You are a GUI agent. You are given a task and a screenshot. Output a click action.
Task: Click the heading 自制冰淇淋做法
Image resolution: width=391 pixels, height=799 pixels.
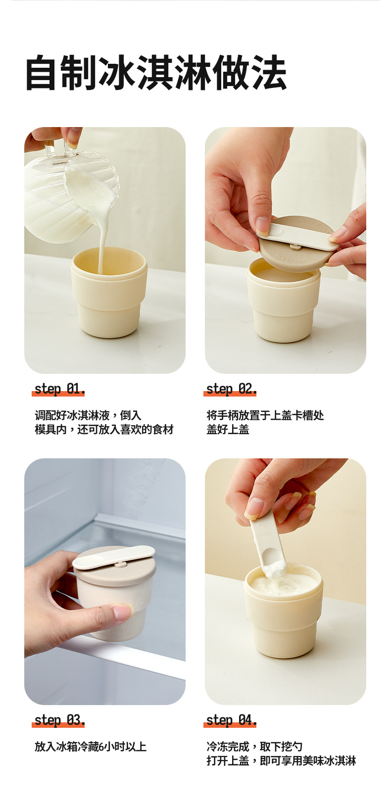coord(156,72)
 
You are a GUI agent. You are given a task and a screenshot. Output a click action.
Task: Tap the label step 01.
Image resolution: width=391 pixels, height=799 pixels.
coord(59,389)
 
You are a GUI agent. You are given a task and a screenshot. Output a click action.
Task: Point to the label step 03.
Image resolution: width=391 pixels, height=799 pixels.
coord(59,720)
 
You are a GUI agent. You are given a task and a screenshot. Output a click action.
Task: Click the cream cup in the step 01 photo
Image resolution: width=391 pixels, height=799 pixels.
coord(109,293)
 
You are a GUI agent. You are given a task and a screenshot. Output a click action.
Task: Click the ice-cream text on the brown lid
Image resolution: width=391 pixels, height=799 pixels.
coord(292,258)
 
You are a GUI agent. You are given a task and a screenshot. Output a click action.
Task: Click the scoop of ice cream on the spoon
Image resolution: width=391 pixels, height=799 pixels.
coord(276,568)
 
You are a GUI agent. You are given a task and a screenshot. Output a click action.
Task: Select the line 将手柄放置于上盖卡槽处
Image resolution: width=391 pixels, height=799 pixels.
coord(265,415)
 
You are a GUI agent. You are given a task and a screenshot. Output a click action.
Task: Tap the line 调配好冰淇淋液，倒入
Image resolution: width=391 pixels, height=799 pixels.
coord(88,415)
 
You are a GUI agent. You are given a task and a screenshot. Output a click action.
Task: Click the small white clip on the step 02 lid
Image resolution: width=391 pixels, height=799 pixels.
coord(295,246)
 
